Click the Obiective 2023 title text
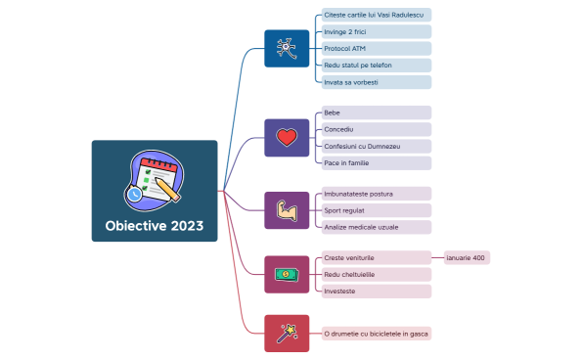pyautogui.click(x=155, y=226)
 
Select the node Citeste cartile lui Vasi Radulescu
pyautogui.click(x=376, y=16)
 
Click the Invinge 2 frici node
pyautogui.click(x=376, y=32)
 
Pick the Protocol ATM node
pyautogui.click(x=376, y=49)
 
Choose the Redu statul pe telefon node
pyautogui.click(x=376, y=66)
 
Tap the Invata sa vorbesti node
pyautogui.click(x=376, y=82)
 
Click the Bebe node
pyautogui.click(x=376, y=112)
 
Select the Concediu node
pyautogui.click(x=376, y=129)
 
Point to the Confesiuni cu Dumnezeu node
pyautogui.click(x=376, y=146)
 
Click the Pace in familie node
pyautogui.click(x=376, y=162)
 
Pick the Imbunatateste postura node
pyautogui.click(x=376, y=194)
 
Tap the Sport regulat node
pyautogui.click(x=376, y=210)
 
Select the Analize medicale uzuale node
pyautogui.click(x=376, y=227)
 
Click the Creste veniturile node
pyautogui.click(x=376, y=258)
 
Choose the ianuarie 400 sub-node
pyautogui.click(x=466, y=258)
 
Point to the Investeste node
pyautogui.click(x=376, y=292)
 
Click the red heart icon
pyautogui.click(x=287, y=138)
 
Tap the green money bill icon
pyautogui.click(x=287, y=275)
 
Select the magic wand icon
pyautogui.click(x=287, y=334)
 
